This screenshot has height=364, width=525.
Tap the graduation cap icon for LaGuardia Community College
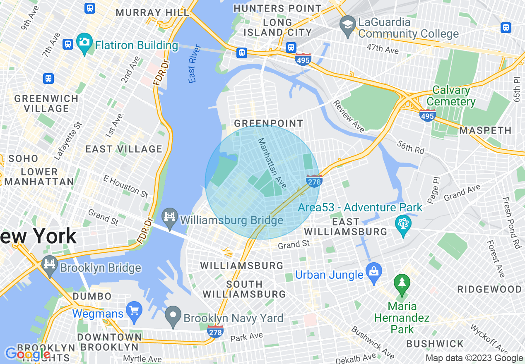pyautogui.click(x=347, y=23)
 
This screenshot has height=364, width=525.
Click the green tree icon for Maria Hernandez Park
pyautogui.click(x=402, y=283)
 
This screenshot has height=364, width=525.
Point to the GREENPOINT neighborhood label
pyautogui.click(x=269, y=124)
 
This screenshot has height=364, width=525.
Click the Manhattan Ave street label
pyautogui.click(x=272, y=163)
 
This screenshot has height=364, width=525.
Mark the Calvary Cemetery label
pyautogui.click(x=451, y=96)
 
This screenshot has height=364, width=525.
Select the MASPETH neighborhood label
pyautogui.click(x=486, y=131)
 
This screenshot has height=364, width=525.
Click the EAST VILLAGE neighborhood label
pyautogui.click(x=124, y=149)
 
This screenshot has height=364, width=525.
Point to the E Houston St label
pyautogui.click(x=125, y=186)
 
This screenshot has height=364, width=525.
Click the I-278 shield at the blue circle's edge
pyautogui.click(x=314, y=181)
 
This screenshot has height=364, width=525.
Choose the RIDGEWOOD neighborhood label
pyautogui.click(x=489, y=289)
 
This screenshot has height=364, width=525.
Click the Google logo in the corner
pyautogui.click(x=27, y=354)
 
